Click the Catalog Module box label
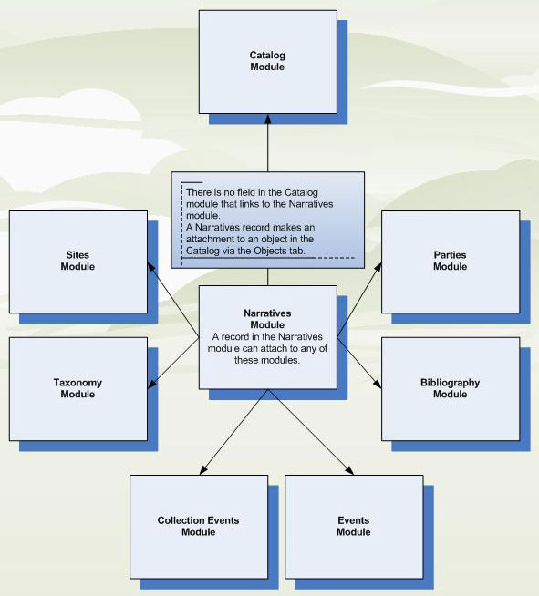pyautogui.click(x=267, y=61)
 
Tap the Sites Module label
pyautogui.click(x=78, y=261)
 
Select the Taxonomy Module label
pyautogui.click(x=78, y=388)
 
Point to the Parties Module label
pyautogui.click(x=450, y=261)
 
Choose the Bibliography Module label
pyautogui.click(x=450, y=388)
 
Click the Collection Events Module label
pyautogui.click(x=198, y=526)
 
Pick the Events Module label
pyautogui.click(x=353, y=526)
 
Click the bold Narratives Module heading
pyautogui.click(x=267, y=319)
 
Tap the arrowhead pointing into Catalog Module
pyautogui.click(x=268, y=118)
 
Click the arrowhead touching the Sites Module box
pyautogui.click(x=151, y=266)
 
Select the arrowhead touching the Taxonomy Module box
pyautogui.click(x=151, y=384)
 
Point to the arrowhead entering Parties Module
pyautogui.click(x=378, y=266)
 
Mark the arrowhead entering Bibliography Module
pyautogui.click(x=378, y=384)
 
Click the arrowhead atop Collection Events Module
pyautogui.click(x=203, y=470)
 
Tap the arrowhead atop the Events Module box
pyautogui.click(x=349, y=470)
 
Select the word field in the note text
pyautogui.click(x=246, y=192)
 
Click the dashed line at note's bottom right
pyautogui.click(x=337, y=258)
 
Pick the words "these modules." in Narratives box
pyautogui.click(x=267, y=360)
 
